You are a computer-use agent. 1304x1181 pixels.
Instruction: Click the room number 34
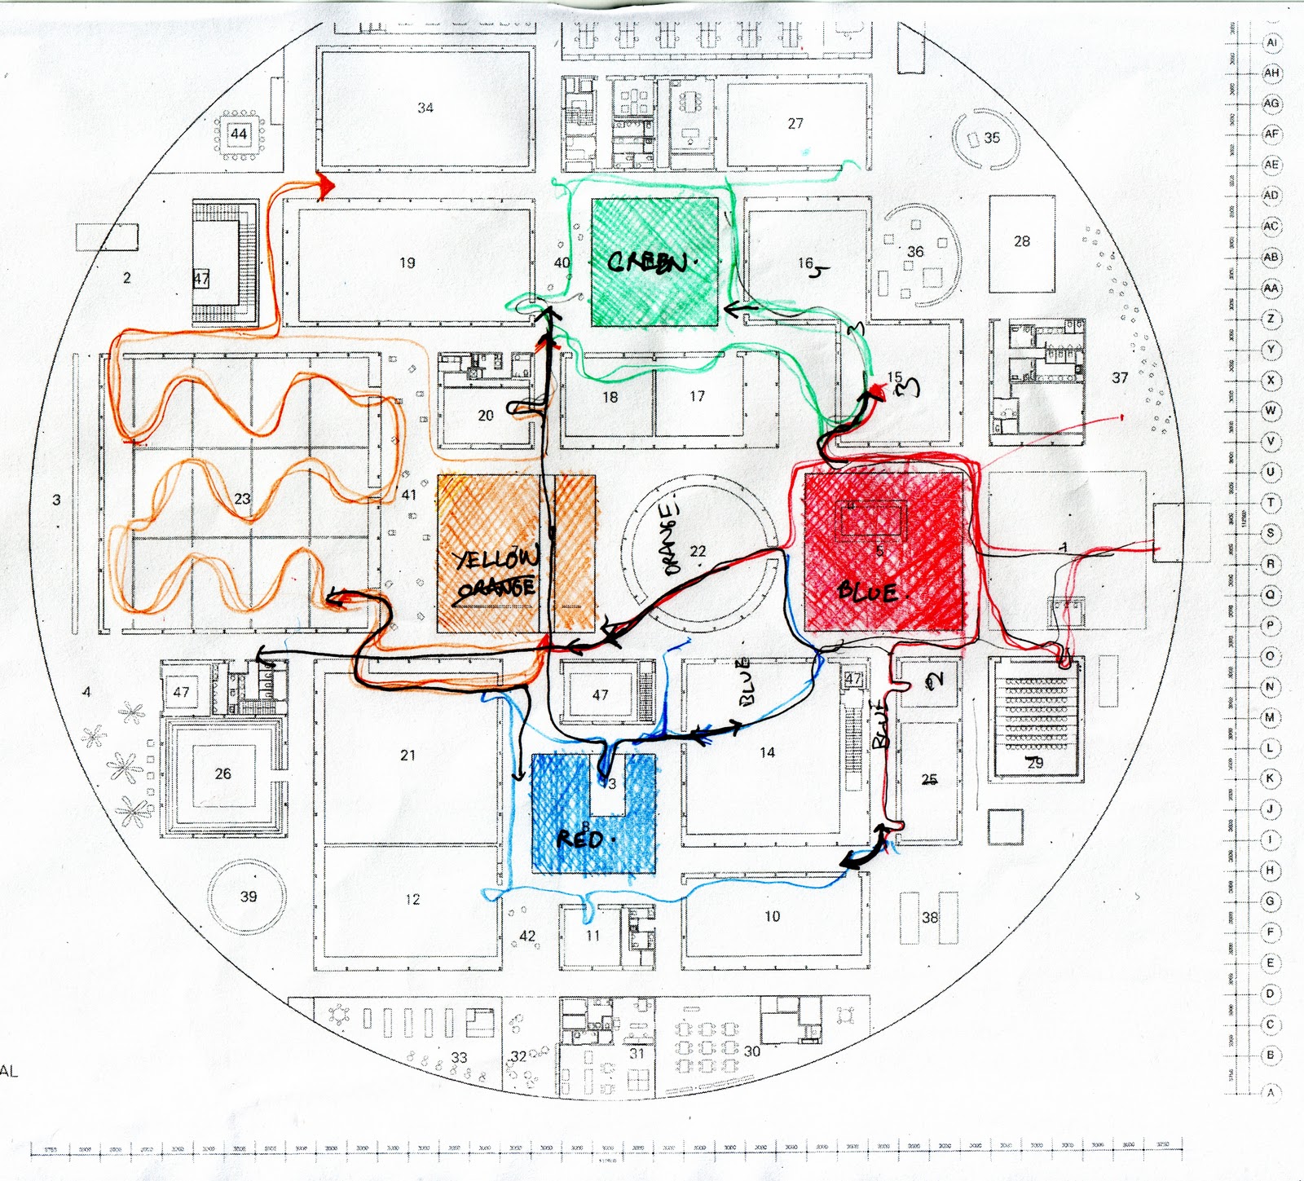[x=425, y=108]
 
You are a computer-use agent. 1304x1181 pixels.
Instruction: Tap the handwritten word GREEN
[x=649, y=262]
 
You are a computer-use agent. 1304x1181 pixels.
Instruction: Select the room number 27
[x=795, y=123]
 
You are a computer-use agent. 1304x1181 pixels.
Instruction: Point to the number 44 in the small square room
[x=239, y=134]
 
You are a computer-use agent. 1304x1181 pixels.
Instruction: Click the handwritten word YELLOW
[x=496, y=559]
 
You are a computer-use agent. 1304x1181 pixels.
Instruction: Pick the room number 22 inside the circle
[x=698, y=552]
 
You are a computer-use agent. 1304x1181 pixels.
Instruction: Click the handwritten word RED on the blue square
[x=580, y=839]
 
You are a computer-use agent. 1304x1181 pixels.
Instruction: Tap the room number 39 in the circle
[x=249, y=897]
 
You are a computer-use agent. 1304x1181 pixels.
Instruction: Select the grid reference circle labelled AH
[x=1271, y=73]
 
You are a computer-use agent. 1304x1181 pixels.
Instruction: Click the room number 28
[x=1022, y=241]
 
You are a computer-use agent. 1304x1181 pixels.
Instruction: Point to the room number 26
[x=222, y=773]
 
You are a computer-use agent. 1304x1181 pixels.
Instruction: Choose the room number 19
[x=407, y=262]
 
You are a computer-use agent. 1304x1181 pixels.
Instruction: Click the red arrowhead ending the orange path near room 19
[x=326, y=187]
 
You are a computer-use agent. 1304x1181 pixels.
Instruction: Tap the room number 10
[x=772, y=916]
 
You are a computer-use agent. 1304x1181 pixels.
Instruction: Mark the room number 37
[x=1120, y=377]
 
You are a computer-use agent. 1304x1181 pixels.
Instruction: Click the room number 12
[x=412, y=899]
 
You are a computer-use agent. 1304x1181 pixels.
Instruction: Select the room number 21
[x=407, y=756]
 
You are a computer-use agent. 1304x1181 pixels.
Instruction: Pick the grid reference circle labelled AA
[x=1271, y=288]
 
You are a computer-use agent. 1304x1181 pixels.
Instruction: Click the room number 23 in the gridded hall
[x=242, y=499]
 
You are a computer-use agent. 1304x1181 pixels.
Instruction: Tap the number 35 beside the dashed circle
[x=992, y=138]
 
